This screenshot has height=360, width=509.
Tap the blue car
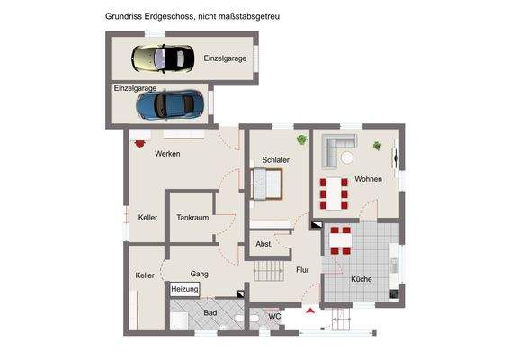[x=170, y=103]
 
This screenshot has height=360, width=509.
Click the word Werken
[x=167, y=154]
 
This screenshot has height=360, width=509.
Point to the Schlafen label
[x=276, y=160]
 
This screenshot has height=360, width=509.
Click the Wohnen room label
[x=368, y=179]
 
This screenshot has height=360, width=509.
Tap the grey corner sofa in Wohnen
[x=339, y=148]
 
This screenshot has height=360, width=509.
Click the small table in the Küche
[x=341, y=240]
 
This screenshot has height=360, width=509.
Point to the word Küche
[x=361, y=279]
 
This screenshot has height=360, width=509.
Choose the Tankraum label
[x=192, y=218]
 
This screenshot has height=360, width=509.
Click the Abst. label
[x=264, y=244]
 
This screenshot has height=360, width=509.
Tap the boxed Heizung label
[x=184, y=289]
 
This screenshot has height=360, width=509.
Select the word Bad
[x=210, y=312]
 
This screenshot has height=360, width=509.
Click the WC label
[x=275, y=316]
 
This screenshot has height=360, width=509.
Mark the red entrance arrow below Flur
[x=310, y=310]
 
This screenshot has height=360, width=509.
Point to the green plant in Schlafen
[x=301, y=139]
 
